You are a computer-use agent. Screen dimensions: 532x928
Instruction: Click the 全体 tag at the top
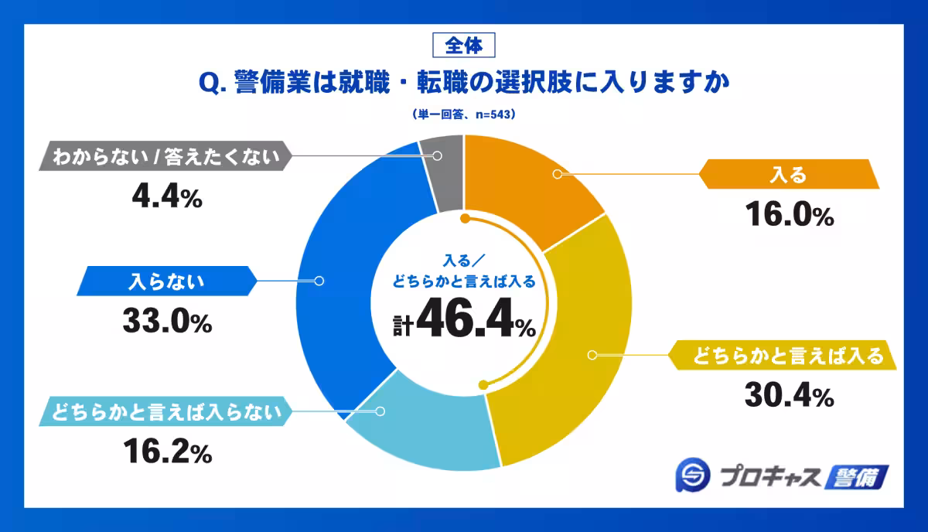tap(464, 46)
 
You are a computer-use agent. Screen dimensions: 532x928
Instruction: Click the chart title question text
tap(464, 82)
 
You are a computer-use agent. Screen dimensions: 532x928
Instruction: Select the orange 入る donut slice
tap(534, 186)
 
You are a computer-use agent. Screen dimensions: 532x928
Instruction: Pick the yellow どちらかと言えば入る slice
tap(565, 363)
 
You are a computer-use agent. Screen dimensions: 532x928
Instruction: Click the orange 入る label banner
tap(789, 175)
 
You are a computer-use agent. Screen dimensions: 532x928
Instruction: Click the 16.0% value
tap(789, 216)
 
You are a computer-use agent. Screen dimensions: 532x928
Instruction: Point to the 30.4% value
tap(789, 397)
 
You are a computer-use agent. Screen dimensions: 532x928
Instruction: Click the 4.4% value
tap(167, 198)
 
